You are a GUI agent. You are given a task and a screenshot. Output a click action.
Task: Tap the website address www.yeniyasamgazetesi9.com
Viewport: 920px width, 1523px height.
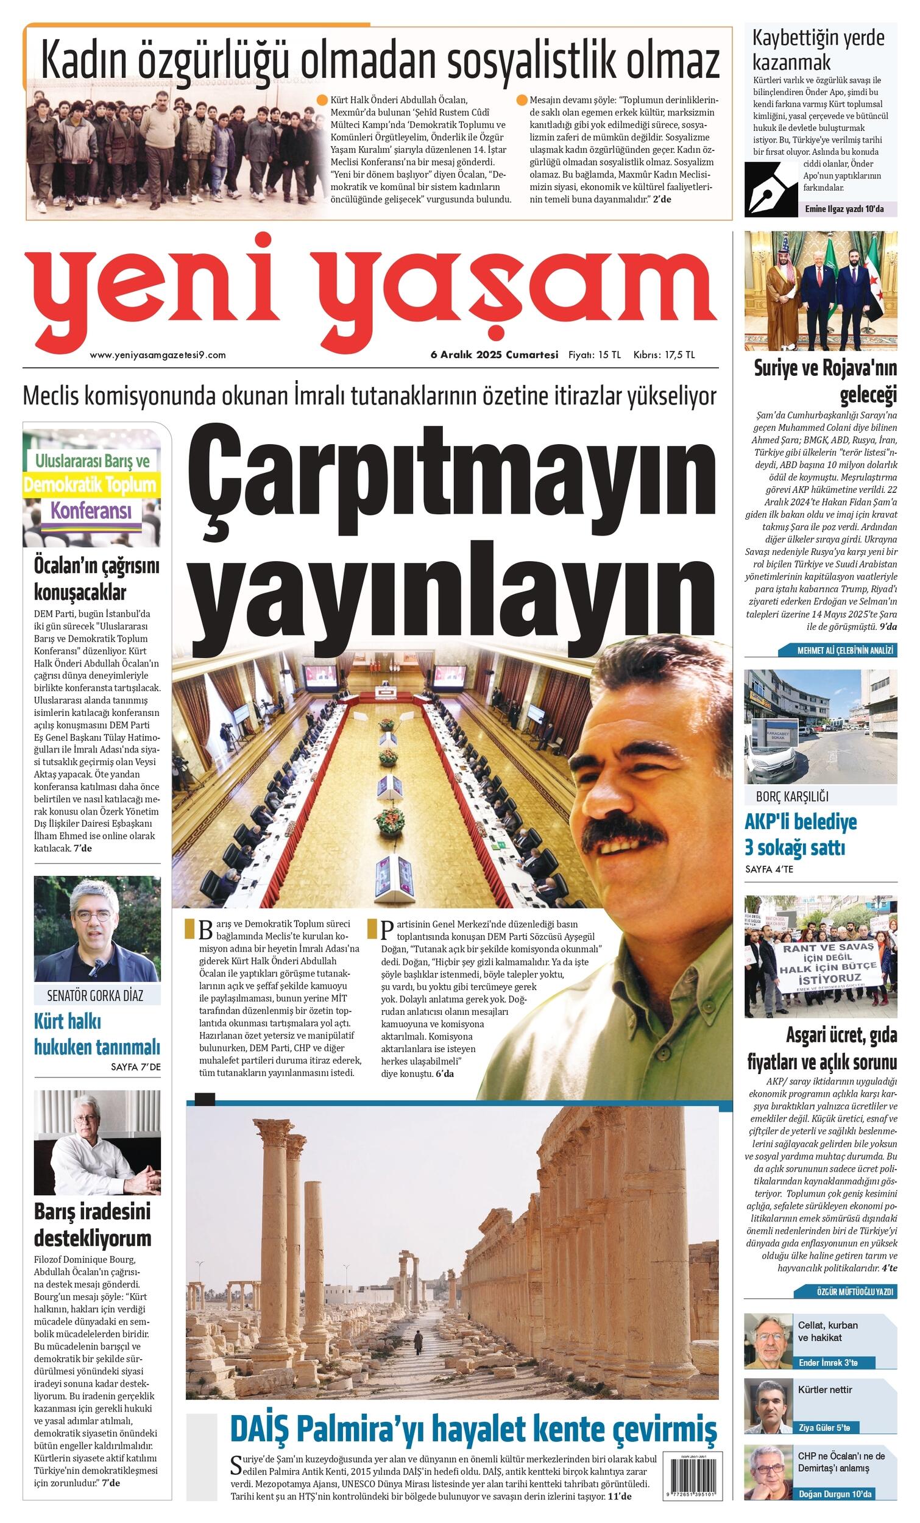pos(158,355)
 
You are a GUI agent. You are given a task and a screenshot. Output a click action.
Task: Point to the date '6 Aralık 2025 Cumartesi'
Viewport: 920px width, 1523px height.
pos(495,355)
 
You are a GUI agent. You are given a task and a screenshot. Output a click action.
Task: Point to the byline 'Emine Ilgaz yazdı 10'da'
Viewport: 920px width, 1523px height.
pos(844,209)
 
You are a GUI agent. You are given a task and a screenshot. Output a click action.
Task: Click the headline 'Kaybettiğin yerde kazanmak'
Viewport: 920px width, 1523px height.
pos(818,49)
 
